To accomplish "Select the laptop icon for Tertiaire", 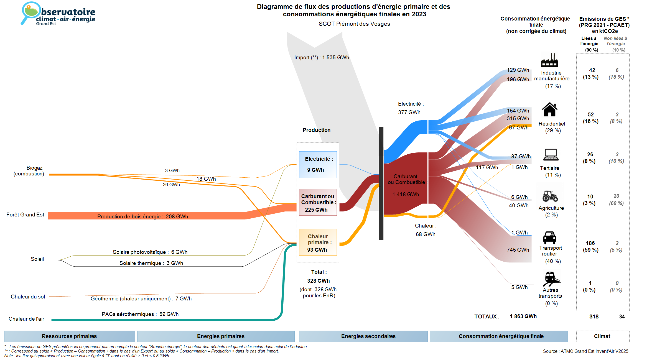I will tap(551, 155).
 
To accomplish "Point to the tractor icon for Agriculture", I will tap(550, 196).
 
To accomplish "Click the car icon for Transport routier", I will tap(549, 238).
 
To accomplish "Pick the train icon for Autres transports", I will tap(551, 279).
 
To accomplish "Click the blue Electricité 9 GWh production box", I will tap(318, 165).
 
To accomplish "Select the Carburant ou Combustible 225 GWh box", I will tap(318, 203).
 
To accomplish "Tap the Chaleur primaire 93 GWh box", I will tap(318, 242).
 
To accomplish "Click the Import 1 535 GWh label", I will tap(322, 58).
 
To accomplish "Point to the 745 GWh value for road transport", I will tap(518, 250).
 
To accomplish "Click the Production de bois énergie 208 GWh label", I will tap(142, 216).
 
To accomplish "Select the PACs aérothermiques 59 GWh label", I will tap(140, 314).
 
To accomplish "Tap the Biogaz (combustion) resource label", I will tap(29, 171).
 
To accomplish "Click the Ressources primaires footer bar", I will tap(69, 336).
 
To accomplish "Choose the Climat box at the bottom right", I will tap(602, 336).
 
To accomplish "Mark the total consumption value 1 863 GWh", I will tap(523, 316).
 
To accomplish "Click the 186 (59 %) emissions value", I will tap(590, 247).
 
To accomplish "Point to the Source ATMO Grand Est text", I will tap(585, 351).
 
